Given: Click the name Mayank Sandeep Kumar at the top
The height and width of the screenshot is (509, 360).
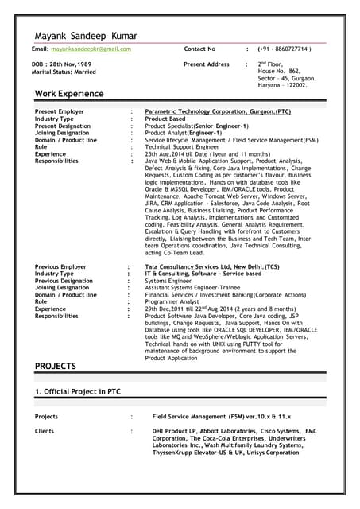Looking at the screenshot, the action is coord(86,36).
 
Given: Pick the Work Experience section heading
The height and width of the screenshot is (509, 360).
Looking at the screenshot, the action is coord(69,94).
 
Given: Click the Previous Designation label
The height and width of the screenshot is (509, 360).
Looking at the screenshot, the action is coord(64,281).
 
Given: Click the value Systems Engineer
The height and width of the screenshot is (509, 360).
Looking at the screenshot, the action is coord(168,281).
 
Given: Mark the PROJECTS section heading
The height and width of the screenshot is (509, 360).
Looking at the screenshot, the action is coord(56,367).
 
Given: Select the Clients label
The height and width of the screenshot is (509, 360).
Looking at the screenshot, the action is coord(45,431).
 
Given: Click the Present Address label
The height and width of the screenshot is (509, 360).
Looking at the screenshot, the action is coord(207,64).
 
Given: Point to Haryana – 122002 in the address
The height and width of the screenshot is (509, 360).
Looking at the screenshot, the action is coord(282,85).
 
